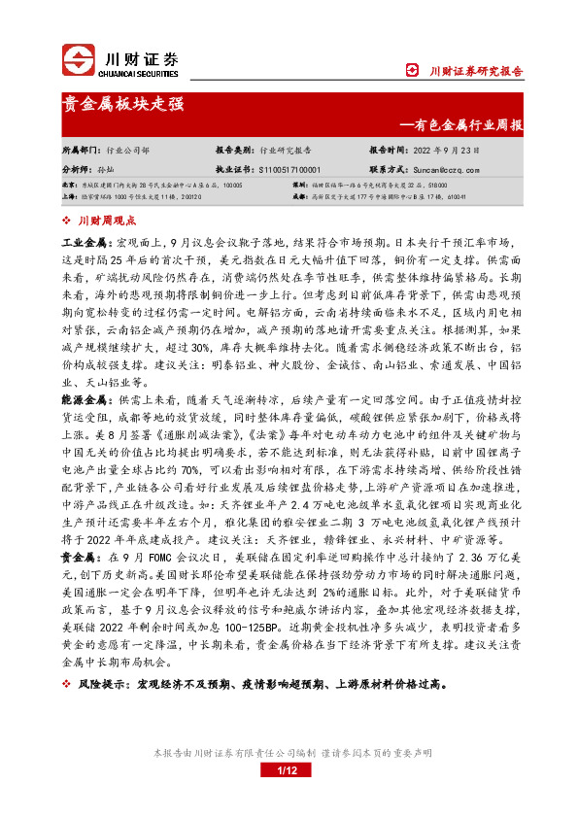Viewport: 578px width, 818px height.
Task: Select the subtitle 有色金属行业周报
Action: point(469,125)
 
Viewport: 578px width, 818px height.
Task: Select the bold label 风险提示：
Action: point(106,683)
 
